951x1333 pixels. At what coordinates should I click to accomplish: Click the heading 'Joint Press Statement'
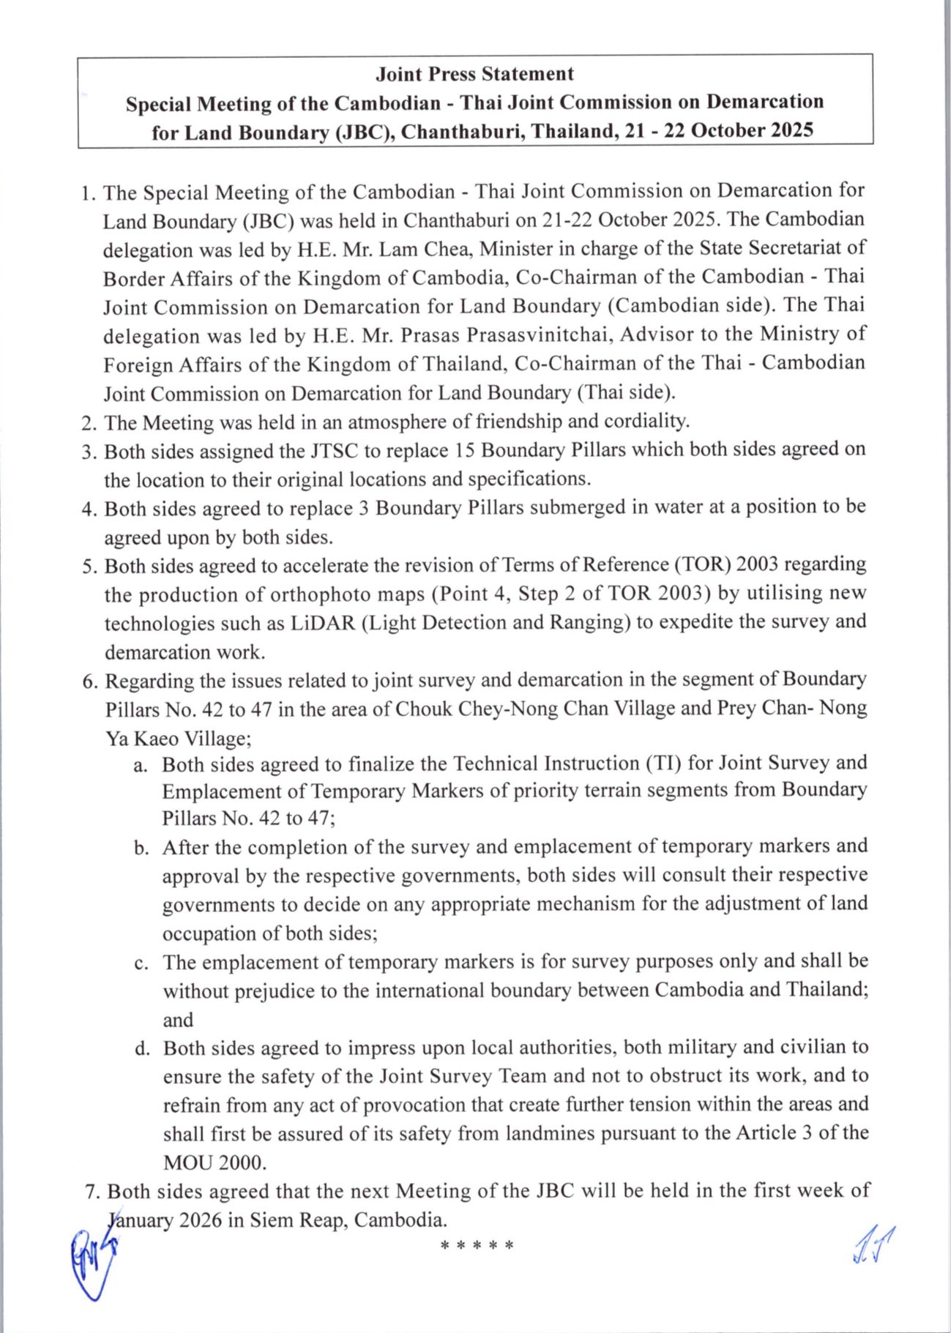pyautogui.click(x=474, y=74)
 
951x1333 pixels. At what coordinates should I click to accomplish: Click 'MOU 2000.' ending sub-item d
pyautogui.click(x=215, y=1162)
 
